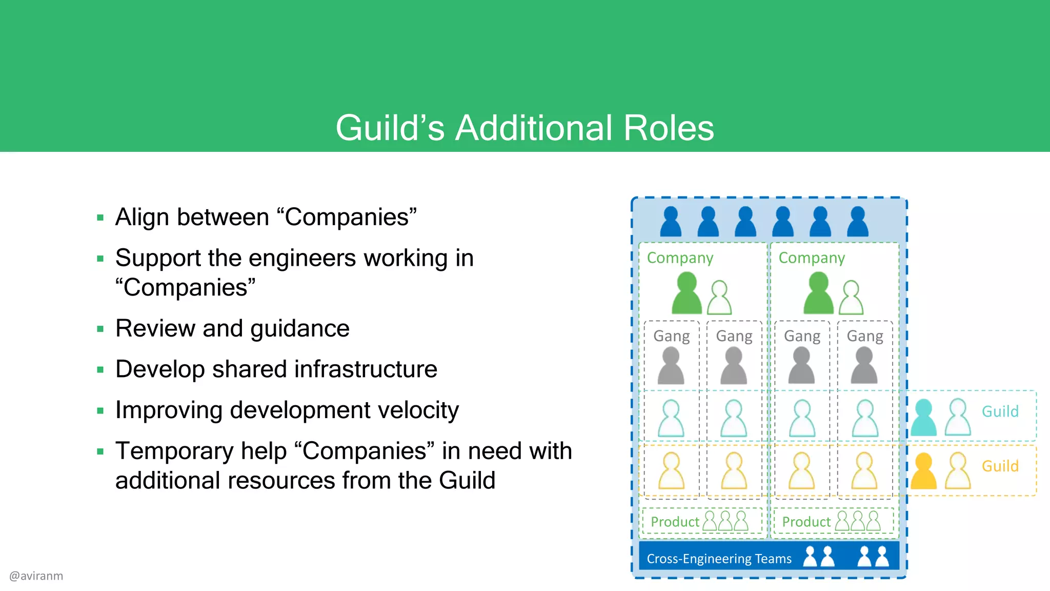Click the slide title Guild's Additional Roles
click(524, 128)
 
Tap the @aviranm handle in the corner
click(36, 576)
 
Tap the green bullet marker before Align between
click(100, 218)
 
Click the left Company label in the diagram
click(680, 258)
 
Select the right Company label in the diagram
click(812, 258)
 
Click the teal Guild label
click(1000, 411)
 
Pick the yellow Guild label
click(1000, 466)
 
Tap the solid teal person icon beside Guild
click(923, 418)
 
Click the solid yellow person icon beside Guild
click(923, 471)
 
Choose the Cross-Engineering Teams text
click(719, 559)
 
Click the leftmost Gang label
click(671, 336)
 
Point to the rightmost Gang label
click(865, 336)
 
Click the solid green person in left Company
click(686, 293)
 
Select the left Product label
click(675, 522)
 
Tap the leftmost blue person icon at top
click(671, 222)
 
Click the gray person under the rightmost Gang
click(864, 365)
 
